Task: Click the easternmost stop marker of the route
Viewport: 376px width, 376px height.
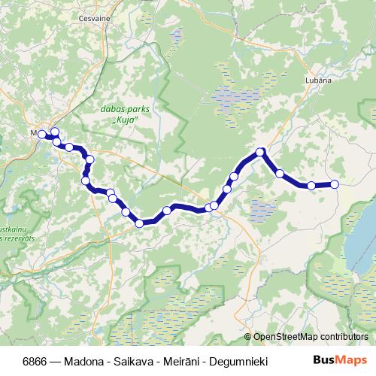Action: pyautogui.click(x=335, y=184)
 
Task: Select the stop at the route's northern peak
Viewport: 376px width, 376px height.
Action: pyautogui.click(x=261, y=152)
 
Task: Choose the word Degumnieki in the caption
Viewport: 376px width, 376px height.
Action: pyautogui.click(x=236, y=360)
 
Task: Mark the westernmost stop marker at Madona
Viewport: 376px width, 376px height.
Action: pyautogui.click(x=42, y=135)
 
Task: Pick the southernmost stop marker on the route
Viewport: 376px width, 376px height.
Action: pyautogui.click(x=139, y=223)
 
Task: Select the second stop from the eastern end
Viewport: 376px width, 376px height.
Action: pyautogui.click(x=311, y=185)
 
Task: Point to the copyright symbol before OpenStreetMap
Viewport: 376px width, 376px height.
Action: pyautogui.click(x=248, y=337)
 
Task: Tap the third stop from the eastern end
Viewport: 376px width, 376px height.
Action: pyautogui.click(x=280, y=174)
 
